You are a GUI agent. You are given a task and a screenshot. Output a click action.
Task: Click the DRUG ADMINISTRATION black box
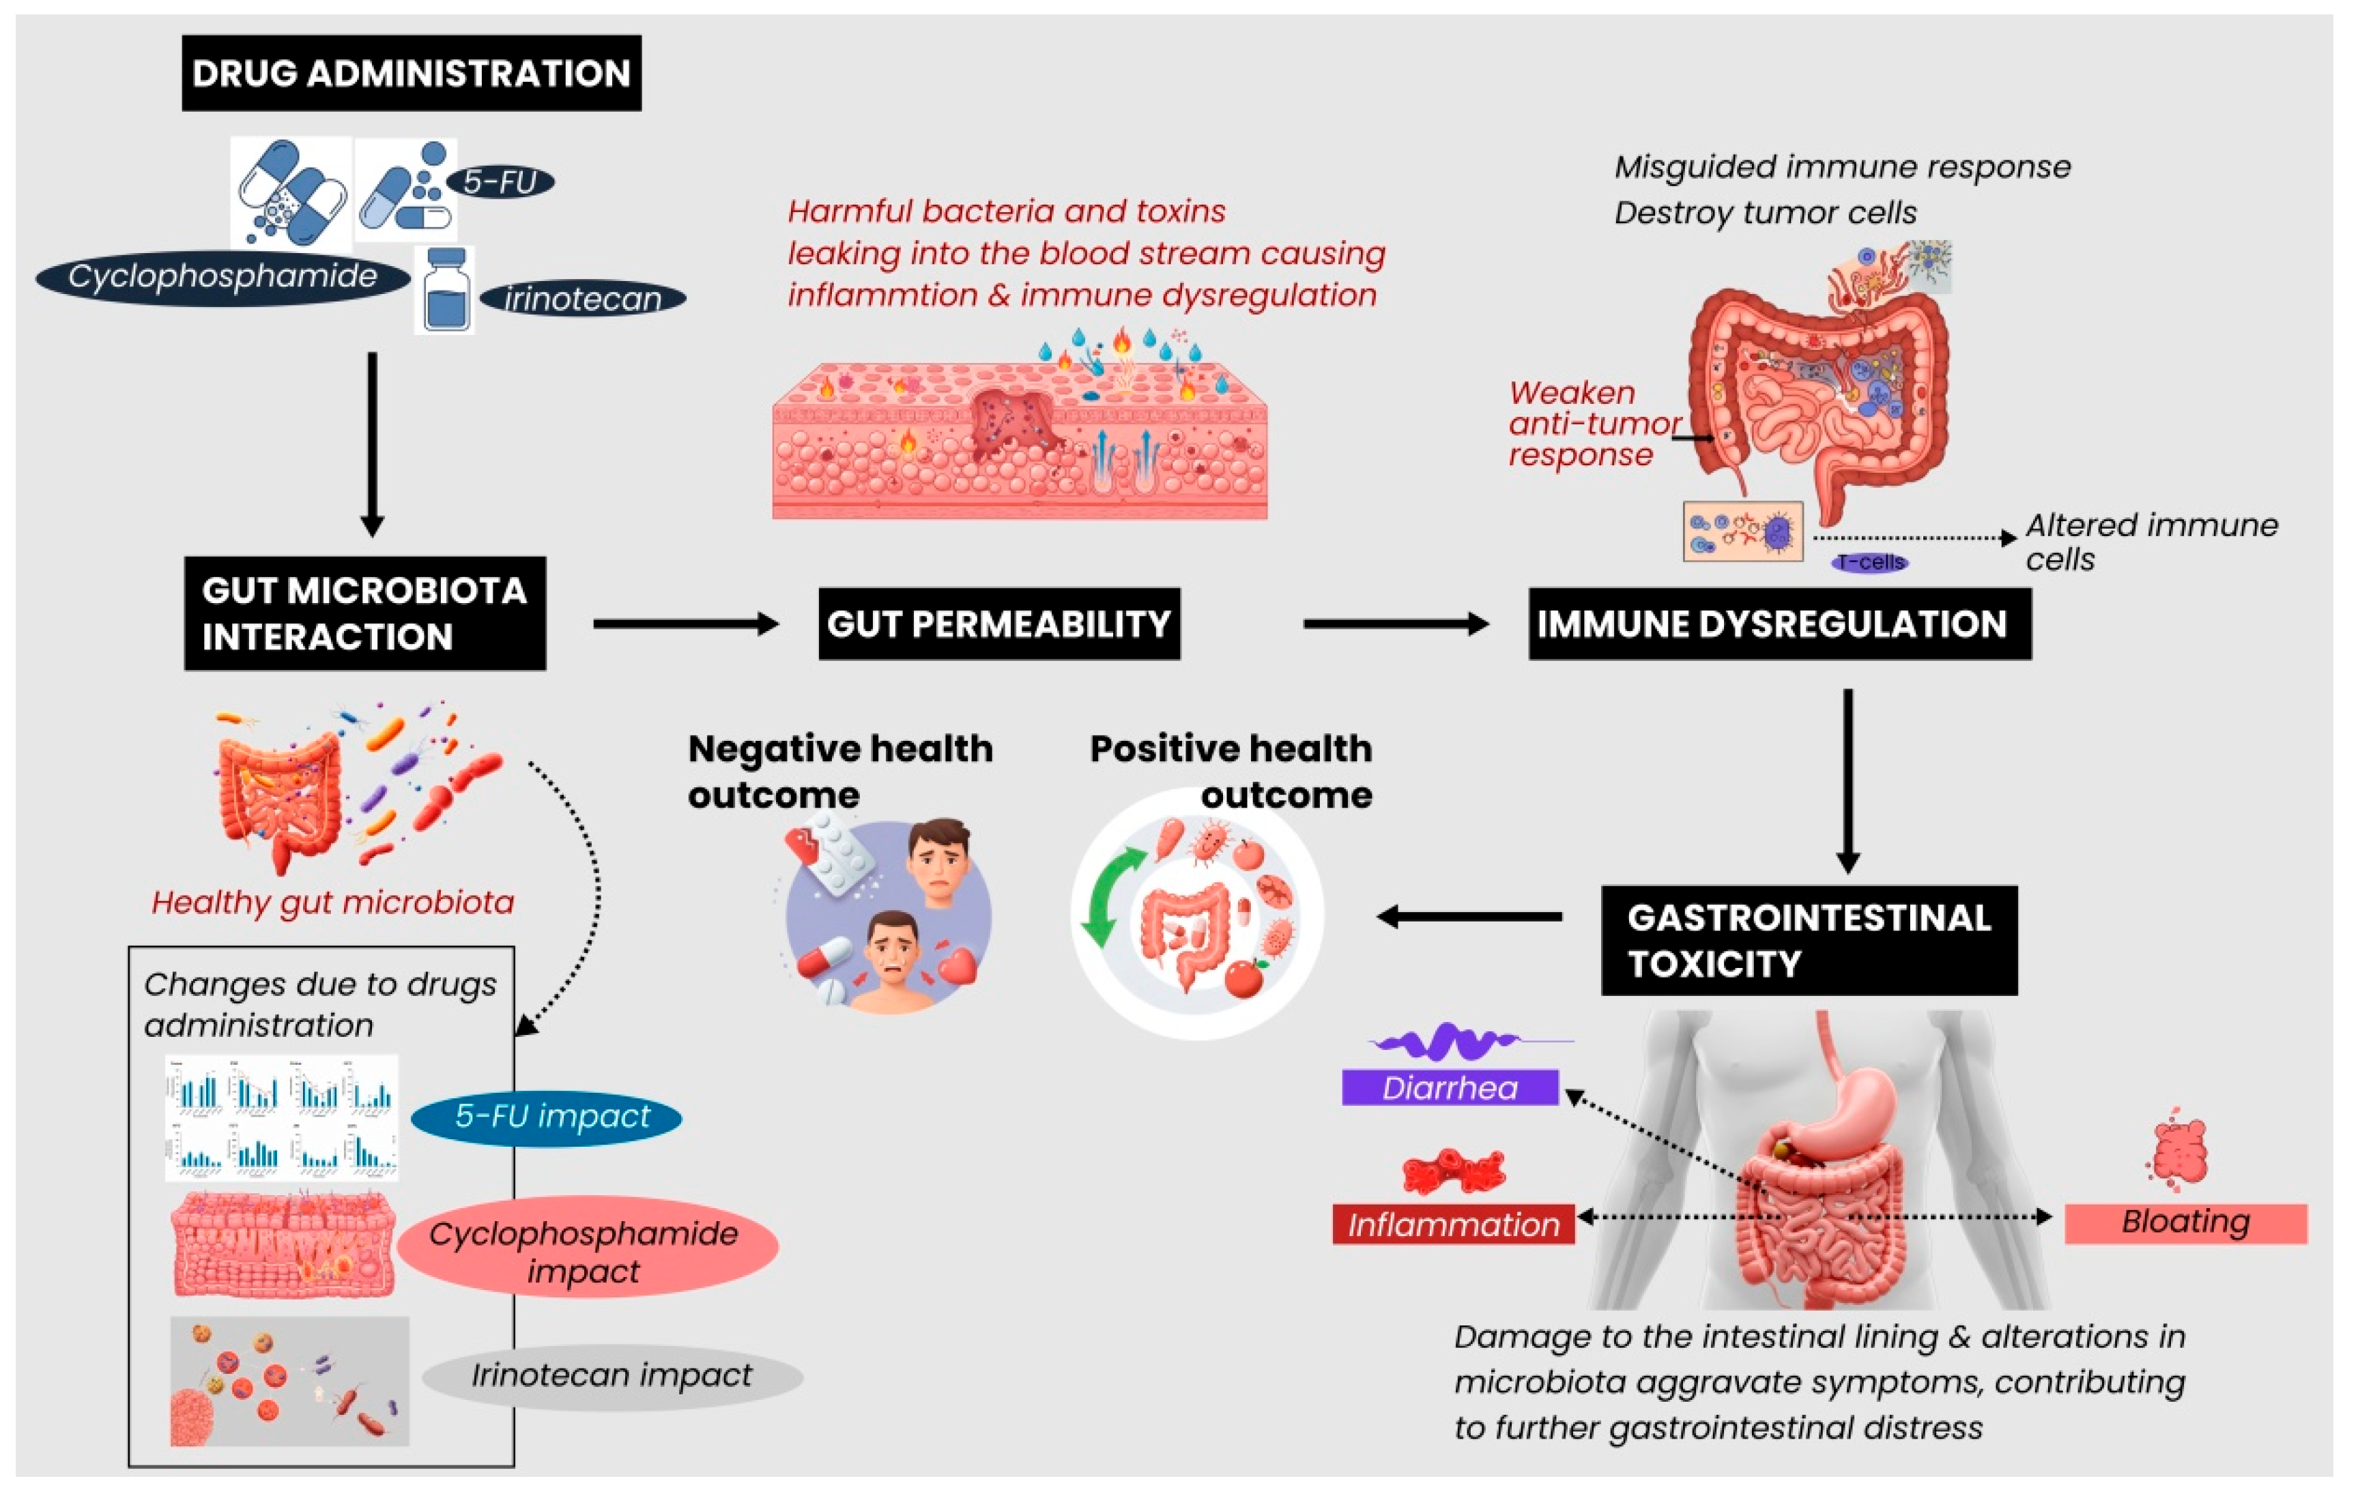411,74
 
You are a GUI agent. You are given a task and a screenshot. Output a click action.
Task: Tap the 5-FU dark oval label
500,182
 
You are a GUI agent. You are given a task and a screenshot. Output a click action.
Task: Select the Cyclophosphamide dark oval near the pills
222,276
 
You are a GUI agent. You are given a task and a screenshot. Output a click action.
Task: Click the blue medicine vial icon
446,291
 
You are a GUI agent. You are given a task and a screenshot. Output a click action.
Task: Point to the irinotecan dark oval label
582,299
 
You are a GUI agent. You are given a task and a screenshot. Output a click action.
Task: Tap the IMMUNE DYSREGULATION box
1779,624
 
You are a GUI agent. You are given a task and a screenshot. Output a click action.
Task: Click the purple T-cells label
1870,562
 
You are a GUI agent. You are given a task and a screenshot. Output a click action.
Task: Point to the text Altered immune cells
2150,542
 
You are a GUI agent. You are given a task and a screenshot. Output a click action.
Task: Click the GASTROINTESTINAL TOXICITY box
1809,941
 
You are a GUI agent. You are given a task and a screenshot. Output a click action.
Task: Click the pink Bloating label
2185,1222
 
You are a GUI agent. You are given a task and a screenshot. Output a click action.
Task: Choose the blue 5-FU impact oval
546,1117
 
